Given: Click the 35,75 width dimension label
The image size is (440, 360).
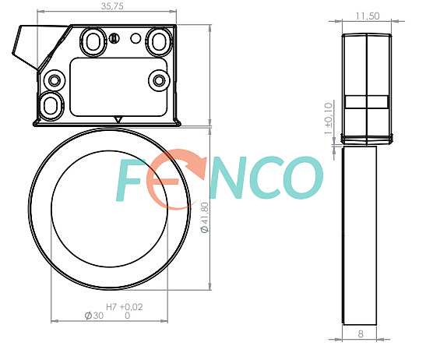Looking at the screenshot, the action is click(112, 6).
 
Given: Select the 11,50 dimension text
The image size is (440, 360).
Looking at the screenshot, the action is click(368, 16).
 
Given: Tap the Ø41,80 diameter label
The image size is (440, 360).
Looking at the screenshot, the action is click(205, 217).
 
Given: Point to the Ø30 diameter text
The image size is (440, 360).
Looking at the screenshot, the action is click(94, 316).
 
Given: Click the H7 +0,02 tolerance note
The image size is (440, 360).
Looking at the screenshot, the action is click(125, 307).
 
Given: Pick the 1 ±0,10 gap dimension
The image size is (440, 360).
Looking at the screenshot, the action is click(329, 118).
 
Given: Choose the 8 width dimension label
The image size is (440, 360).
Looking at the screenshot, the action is click(361, 334).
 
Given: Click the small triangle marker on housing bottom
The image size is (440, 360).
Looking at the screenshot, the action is click(118, 119).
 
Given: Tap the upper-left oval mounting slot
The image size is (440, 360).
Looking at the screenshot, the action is click(93, 41).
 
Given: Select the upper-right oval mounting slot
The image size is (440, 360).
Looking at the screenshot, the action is click(159, 41).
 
